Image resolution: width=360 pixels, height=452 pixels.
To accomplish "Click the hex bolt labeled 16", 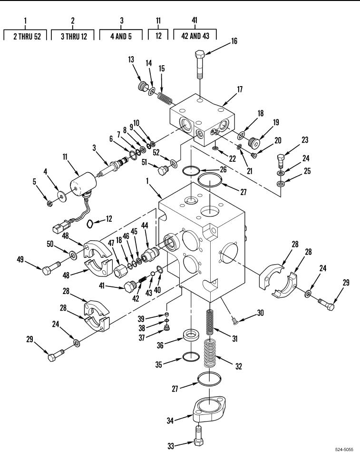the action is pyautogui.click(x=200, y=64).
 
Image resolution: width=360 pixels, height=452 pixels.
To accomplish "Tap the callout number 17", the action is pyautogui.click(x=240, y=89).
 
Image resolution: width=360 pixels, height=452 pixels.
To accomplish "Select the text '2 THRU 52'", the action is pyautogui.click(x=27, y=36).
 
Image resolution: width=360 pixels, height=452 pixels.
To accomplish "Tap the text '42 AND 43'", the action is pyautogui.click(x=195, y=36).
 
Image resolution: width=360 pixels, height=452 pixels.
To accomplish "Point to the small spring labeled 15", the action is pyautogui.click(x=165, y=98).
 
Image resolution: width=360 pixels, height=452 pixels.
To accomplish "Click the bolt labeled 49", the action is pyautogui.click(x=51, y=268).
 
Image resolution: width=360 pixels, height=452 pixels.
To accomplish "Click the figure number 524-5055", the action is pyautogui.click(x=344, y=450).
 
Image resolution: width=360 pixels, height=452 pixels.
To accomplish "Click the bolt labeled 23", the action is pyautogui.click(x=281, y=160).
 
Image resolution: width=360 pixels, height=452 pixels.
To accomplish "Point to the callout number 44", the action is pyautogui.click(x=145, y=226).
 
